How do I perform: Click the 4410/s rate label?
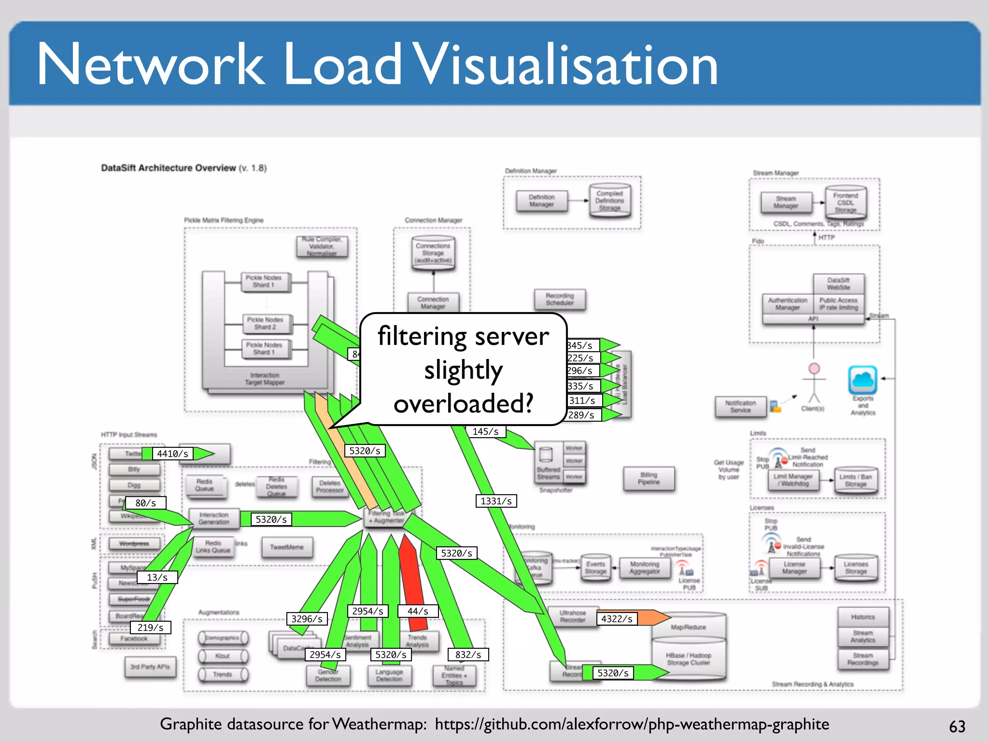pos(172,454)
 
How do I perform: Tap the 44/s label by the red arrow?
pos(418,611)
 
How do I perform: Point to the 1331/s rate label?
pos(496,501)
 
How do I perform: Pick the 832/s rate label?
pos(468,655)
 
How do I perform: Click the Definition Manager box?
pos(541,201)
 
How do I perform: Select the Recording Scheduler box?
pos(560,300)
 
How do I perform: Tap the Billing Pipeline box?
pos(649,478)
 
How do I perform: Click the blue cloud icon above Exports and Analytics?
pos(862,380)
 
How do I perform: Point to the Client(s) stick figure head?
pos(814,369)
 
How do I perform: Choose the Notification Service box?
pos(740,406)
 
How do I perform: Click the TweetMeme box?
pos(287,547)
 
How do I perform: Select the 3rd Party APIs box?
pos(150,667)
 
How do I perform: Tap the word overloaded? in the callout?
pos(463,403)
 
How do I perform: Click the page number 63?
pos(957,726)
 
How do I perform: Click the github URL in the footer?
pos(632,724)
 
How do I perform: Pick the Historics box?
pos(863,617)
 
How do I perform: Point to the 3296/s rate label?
pos(307,619)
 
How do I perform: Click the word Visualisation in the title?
pos(566,65)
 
